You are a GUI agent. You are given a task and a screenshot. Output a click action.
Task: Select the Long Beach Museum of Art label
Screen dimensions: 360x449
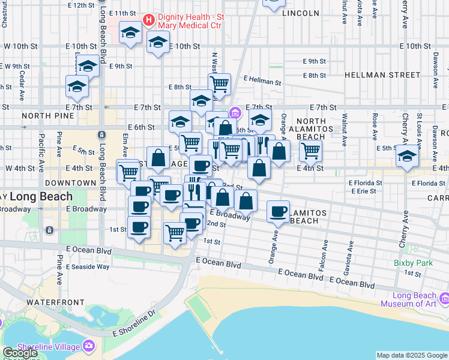tap(414, 299)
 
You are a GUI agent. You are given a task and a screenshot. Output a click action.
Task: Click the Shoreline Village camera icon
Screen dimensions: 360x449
tap(89, 346)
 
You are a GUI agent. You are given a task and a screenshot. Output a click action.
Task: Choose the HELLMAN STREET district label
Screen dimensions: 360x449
tap(382, 75)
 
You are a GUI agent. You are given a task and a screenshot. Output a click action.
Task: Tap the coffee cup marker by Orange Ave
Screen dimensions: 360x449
tap(279, 211)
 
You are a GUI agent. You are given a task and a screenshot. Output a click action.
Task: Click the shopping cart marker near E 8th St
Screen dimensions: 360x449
tap(220, 83)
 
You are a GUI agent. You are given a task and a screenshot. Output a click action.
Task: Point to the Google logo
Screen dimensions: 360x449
tap(20, 353)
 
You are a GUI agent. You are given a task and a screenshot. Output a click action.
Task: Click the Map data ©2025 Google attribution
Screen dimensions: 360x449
tap(412, 355)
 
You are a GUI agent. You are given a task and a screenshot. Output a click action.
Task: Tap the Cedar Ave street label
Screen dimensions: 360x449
tap(21, 87)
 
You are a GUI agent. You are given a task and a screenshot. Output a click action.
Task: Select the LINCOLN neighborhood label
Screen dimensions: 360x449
tap(300, 13)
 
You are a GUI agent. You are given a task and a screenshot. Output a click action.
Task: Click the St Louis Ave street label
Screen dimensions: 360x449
tap(419, 123)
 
